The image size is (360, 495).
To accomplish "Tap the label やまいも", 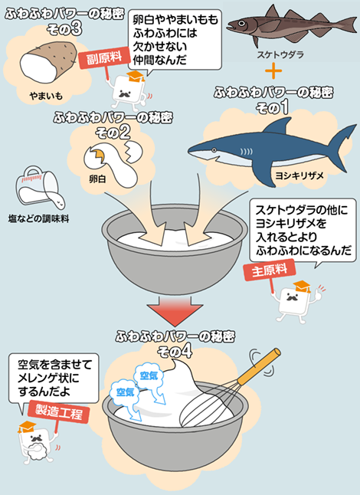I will click(47, 97).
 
